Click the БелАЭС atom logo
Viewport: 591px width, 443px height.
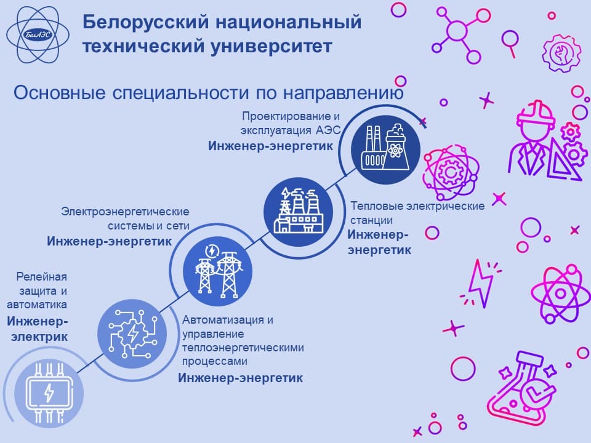(38, 35)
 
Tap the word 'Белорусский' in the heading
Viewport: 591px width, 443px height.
(145, 22)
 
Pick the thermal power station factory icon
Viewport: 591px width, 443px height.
(298, 212)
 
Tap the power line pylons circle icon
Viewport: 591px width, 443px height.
(217, 271)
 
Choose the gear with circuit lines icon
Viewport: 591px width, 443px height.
(132, 333)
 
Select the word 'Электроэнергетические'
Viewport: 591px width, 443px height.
(125, 212)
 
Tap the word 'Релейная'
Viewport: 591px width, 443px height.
(41, 277)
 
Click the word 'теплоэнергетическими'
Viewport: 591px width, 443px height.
(243, 347)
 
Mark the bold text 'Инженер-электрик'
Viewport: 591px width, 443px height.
(38, 329)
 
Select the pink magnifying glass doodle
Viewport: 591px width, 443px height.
(510, 43)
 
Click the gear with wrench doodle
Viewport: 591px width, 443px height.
(561, 53)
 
